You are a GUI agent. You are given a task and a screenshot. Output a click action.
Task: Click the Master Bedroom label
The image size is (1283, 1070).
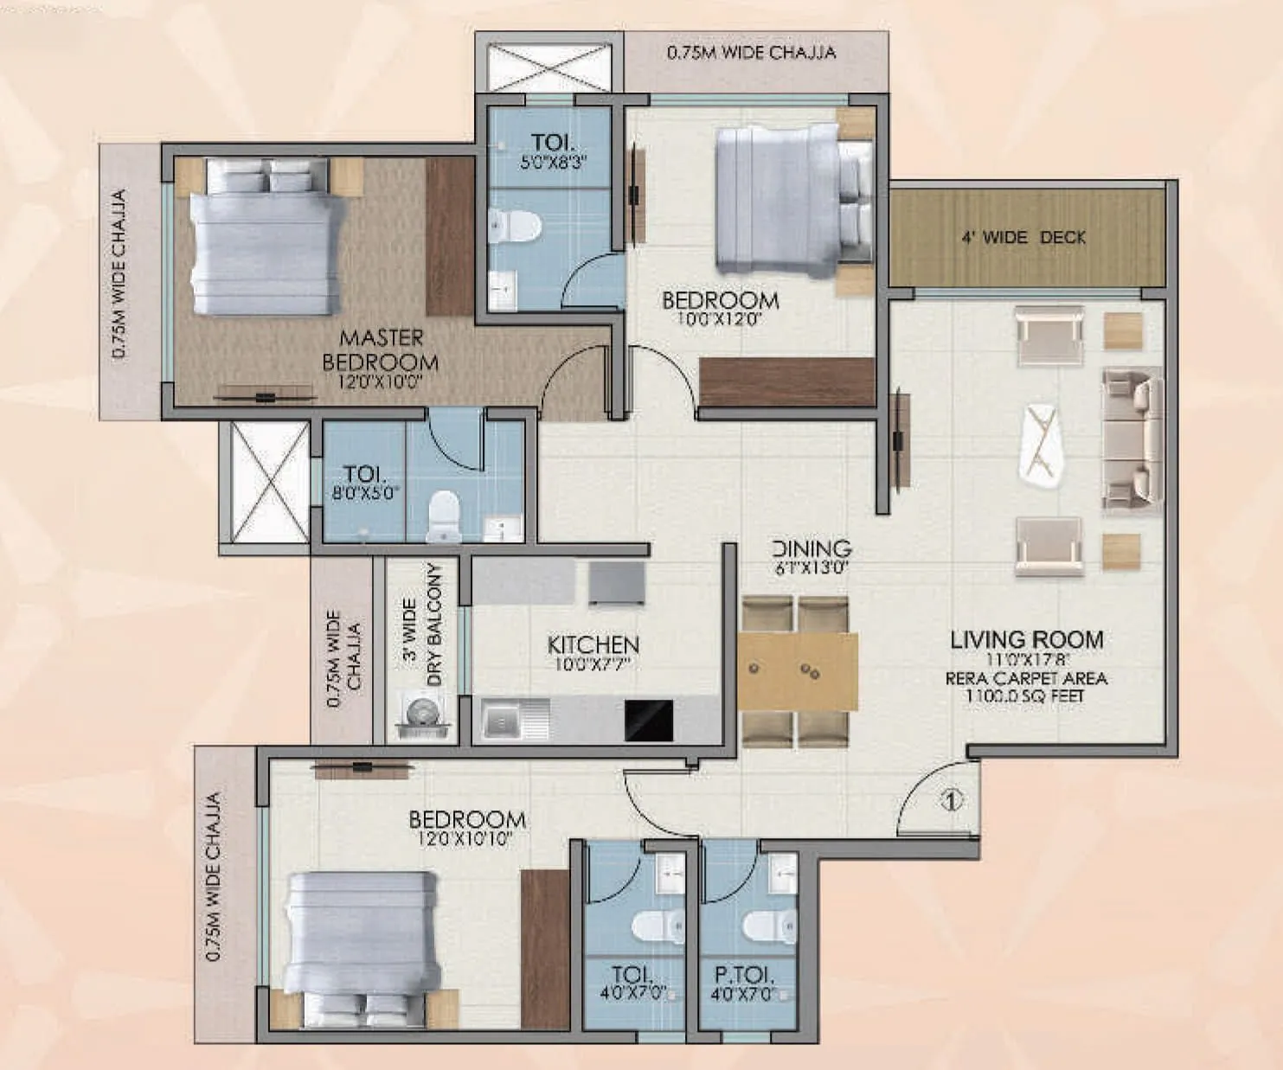[x=381, y=350]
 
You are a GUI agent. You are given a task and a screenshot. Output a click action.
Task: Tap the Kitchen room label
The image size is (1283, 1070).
[x=593, y=645]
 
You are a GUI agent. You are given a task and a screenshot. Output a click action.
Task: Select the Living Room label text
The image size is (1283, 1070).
[x=1027, y=640]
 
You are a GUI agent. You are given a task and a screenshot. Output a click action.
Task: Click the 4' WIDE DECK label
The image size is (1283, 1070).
[x=1023, y=237]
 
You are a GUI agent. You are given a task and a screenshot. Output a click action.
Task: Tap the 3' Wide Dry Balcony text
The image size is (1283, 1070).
[x=422, y=625]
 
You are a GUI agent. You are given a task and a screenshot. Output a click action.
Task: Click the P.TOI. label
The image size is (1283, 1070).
[x=744, y=975]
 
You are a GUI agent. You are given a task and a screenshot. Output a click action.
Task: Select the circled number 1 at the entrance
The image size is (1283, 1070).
[x=951, y=801]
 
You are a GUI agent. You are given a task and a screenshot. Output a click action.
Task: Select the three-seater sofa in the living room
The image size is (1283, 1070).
[x=1131, y=440]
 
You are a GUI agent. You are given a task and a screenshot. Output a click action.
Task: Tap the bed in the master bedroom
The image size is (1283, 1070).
[x=260, y=238]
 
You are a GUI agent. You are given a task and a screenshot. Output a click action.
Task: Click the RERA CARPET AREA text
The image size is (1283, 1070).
[x=1026, y=679]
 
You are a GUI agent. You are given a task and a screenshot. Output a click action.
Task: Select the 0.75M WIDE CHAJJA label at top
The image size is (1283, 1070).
[x=751, y=53]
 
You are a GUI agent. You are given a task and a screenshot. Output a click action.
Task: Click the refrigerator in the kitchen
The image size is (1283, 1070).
[x=617, y=584]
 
